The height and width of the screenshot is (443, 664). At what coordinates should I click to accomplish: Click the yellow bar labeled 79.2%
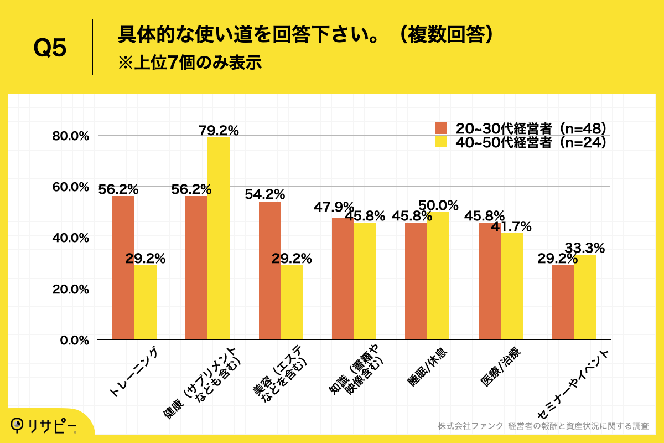pos(219,238)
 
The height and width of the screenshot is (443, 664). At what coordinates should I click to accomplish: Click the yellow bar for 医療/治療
pos(512,286)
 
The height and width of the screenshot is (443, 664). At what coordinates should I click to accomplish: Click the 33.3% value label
pos(584,247)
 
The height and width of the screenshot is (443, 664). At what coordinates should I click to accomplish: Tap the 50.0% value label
pos(438,205)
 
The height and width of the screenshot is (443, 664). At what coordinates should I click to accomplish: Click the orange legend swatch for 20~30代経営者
pos(441,128)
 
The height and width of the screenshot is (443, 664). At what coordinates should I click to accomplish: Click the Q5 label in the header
pos(50,48)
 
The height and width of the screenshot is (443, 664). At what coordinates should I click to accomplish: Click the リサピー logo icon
pos(18,425)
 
